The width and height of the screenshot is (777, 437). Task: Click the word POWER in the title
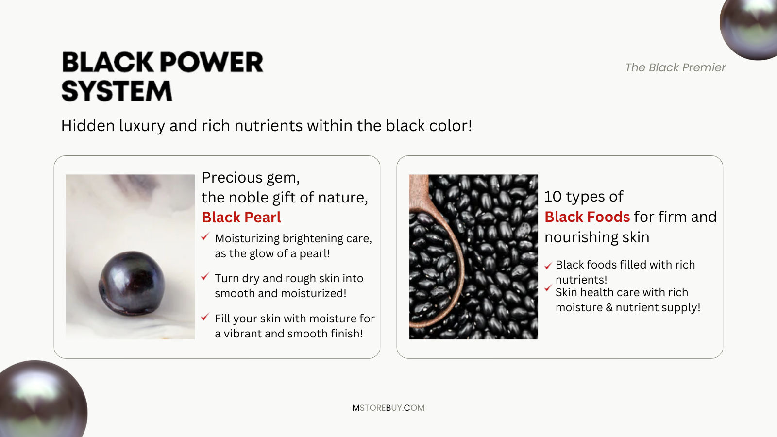[x=211, y=62]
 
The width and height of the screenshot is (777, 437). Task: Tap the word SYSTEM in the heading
[x=117, y=91]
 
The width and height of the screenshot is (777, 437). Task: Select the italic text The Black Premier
[x=675, y=67]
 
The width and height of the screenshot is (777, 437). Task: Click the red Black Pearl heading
[x=241, y=218]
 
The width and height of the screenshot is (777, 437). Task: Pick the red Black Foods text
[x=587, y=217]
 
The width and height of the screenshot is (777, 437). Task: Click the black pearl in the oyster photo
[x=132, y=283]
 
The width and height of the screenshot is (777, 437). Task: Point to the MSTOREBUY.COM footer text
[x=388, y=408]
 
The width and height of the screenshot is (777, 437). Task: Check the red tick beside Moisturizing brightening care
[x=205, y=236]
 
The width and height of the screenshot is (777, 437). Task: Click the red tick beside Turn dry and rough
[x=205, y=276]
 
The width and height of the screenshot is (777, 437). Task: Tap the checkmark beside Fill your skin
[x=205, y=317]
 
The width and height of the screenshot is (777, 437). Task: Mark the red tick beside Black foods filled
[x=548, y=266]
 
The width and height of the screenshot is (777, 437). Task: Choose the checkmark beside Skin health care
[x=548, y=288]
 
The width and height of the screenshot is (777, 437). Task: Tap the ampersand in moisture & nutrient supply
[x=609, y=308]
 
